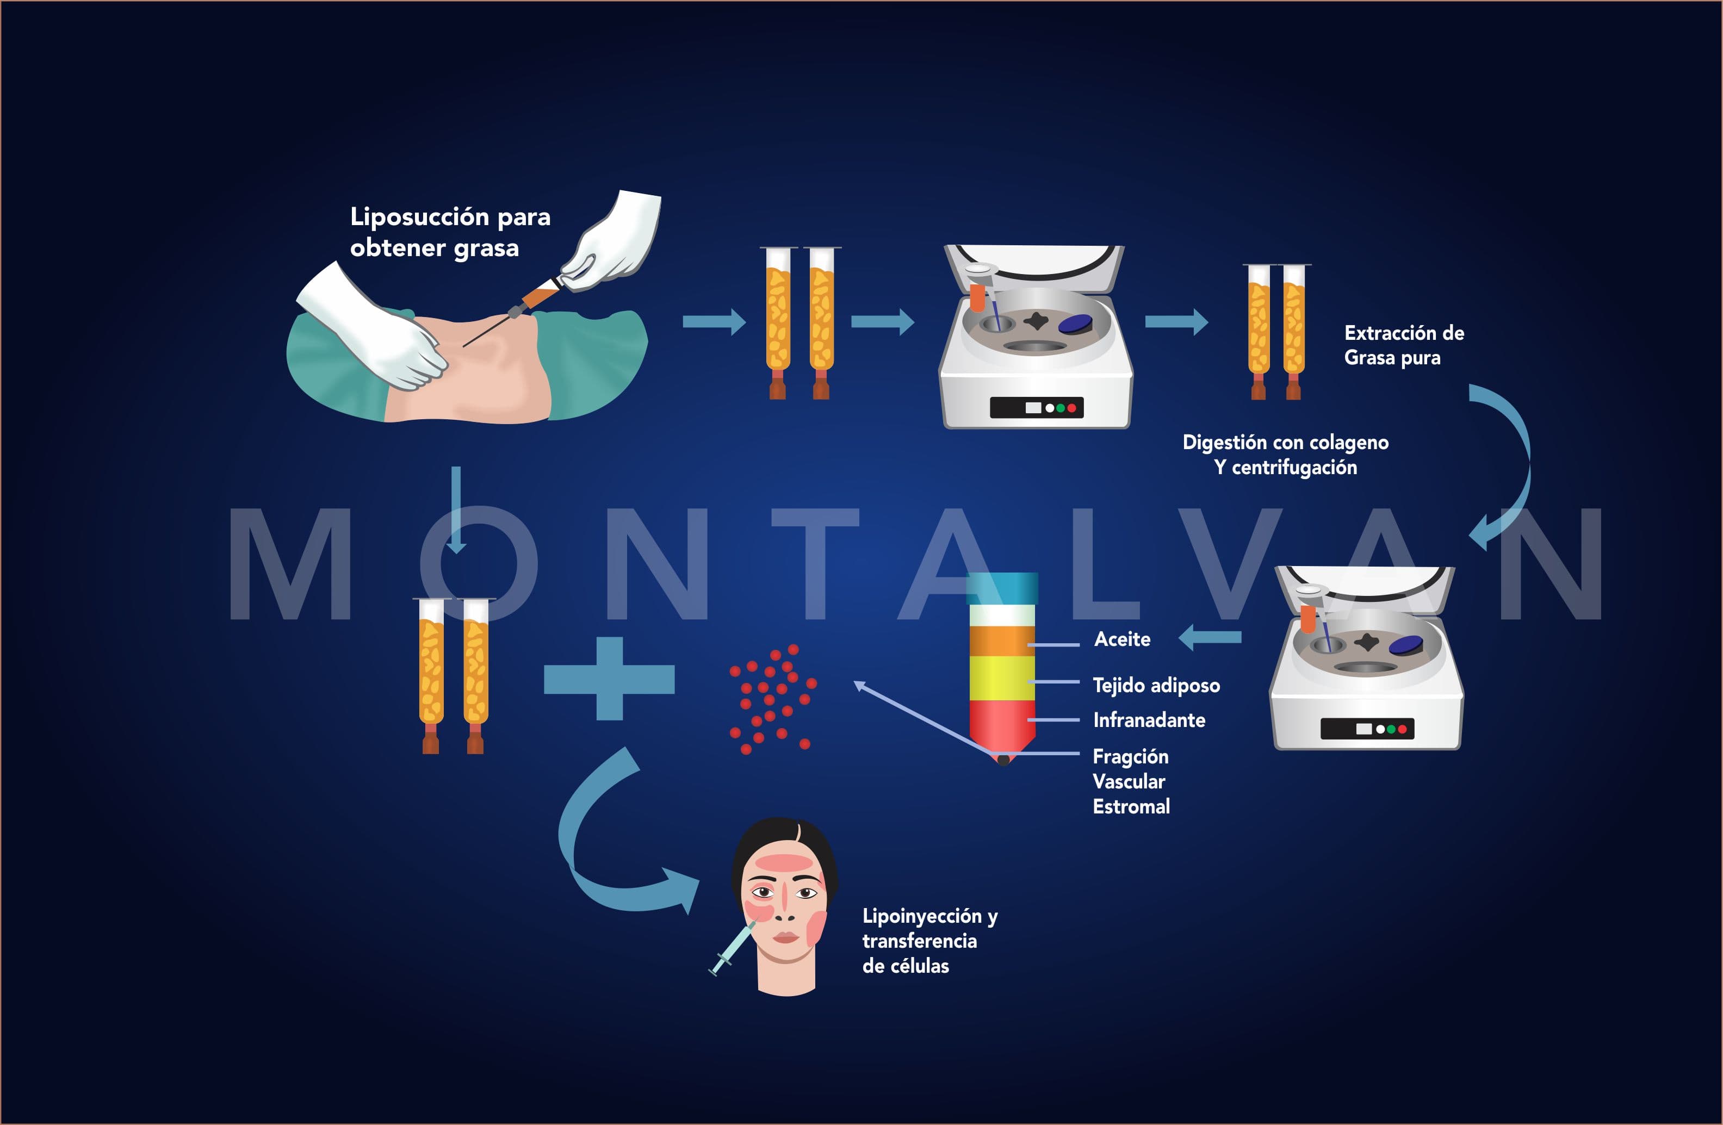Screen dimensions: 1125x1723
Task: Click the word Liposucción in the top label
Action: click(x=420, y=217)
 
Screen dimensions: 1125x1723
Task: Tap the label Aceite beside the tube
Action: click(x=1122, y=639)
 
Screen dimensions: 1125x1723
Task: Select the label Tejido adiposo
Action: click(x=1156, y=685)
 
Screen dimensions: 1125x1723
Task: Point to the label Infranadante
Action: click(x=1149, y=720)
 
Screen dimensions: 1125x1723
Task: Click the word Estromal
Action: click(x=1131, y=806)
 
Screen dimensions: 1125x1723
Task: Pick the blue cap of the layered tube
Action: click(x=1003, y=588)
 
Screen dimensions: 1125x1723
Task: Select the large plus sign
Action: click(x=610, y=679)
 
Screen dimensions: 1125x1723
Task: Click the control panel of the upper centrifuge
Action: click(x=1037, y=408)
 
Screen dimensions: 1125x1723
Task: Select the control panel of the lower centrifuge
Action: click(x=1367, y=728)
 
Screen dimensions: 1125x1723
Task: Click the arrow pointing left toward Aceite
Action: click(x=1210, y=638)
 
